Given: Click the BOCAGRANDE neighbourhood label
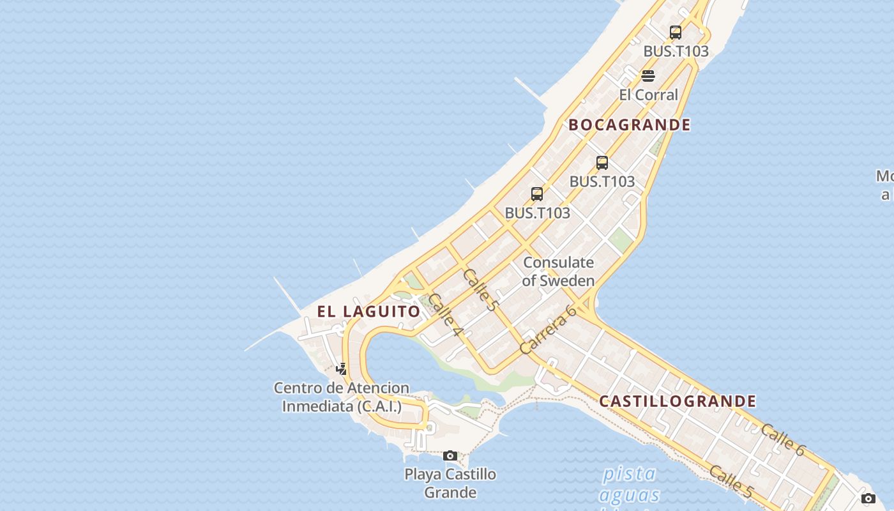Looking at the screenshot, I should point(630,125).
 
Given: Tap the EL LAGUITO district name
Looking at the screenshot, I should point(369,312).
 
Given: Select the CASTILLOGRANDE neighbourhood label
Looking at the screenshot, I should point(678,401).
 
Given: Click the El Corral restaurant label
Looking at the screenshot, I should point(648,95).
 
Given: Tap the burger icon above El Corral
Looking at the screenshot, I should point(648,77).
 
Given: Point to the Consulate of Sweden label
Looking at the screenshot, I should point(559,271).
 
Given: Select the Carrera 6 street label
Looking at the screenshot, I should point(548,330).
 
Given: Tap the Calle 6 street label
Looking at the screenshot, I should point(783,439).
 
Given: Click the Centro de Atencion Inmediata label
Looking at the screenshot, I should point(342,397).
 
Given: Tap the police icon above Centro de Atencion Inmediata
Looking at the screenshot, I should point(342,369).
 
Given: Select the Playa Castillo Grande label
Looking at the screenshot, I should point(450,483).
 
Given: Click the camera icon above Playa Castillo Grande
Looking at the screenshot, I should point(450,455).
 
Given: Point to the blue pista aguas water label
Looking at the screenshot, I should point(630,484).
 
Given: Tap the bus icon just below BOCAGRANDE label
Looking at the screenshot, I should point(602,162).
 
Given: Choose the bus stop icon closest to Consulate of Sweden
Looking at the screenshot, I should point(537,194).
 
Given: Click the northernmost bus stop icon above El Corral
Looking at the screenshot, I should point(676,33).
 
